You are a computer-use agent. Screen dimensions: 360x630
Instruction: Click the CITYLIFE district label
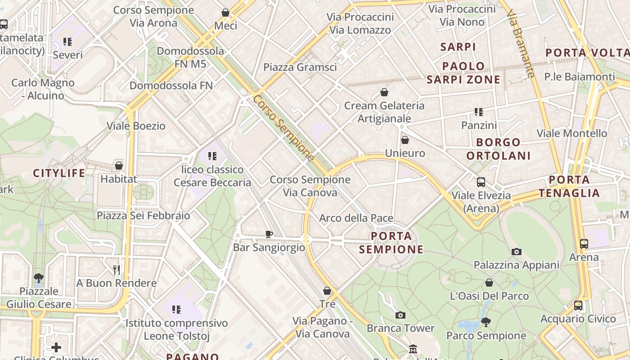[x=59, y=173]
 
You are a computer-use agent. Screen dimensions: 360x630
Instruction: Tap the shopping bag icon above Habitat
[x=119, y=166]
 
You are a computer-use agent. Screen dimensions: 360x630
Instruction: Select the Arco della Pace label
[x=356, y=218]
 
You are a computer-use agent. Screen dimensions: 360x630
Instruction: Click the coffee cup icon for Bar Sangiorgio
[x=269, y=234]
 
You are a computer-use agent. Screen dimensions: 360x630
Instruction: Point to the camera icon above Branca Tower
[x=400, y=315]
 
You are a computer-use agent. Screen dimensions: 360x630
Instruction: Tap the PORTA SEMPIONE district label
[x=391, y=243]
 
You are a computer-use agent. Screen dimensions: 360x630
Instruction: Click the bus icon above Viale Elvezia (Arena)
[x=481, y=182]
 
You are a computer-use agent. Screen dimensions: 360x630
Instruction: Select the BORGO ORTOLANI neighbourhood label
[x=498, y=149]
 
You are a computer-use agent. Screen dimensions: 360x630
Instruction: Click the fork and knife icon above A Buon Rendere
[x=117, y=270]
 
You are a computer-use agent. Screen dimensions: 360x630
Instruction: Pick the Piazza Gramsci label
[x=300, y=67]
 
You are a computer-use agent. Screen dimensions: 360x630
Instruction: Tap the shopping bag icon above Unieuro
[x=405, y=140]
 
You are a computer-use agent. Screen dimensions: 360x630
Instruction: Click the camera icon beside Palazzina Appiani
[x=517, y=252]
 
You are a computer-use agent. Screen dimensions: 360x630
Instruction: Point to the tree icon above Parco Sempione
[x=486, y=322]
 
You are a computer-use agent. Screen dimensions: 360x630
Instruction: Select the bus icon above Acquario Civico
[x=578, y=306]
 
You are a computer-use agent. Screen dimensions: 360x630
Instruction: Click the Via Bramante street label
[x=521, y=45]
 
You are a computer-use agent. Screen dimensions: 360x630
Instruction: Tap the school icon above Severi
[x=67, y=42]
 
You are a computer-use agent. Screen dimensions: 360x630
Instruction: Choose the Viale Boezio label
[x=136, y=126]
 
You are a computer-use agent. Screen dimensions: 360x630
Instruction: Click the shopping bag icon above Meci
[x=225, y=13]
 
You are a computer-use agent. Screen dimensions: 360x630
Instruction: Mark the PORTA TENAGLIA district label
[x=570, y=186]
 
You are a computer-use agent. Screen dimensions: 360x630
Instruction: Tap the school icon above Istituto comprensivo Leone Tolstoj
[x=176, y=310]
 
